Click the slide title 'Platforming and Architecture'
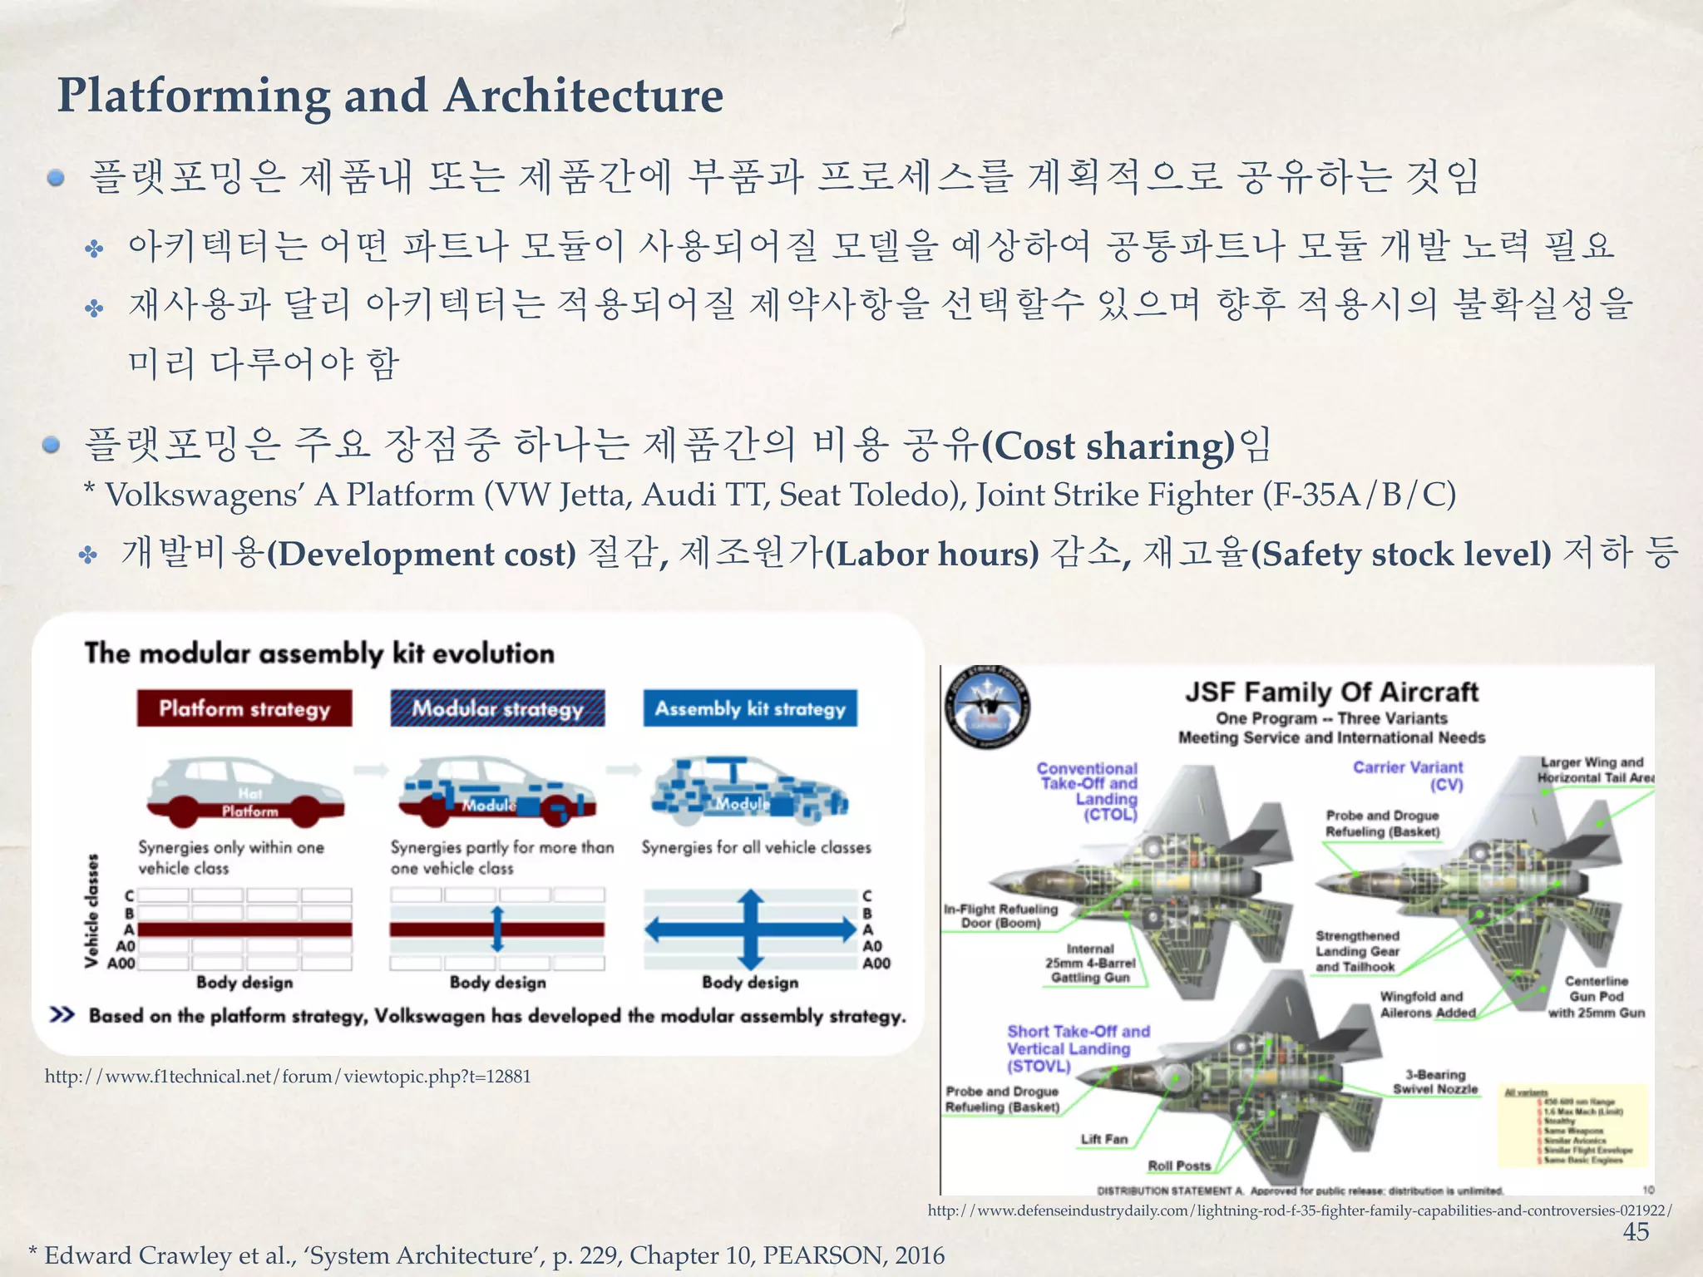coord(390,95)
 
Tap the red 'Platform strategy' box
coord(244,708)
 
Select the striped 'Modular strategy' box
coord(497,708)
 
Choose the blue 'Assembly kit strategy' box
coord(750,708)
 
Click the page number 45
coord(1635,1231)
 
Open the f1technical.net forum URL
coord(288,1077)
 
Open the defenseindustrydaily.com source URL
coord(1300,1210)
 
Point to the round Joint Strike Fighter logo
coord(988,708)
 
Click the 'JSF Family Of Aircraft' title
coord(1331,692)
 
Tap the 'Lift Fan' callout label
coord(1104,1139)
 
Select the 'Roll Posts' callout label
coord(1179,1166)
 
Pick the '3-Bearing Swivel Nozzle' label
coord(1435,1082)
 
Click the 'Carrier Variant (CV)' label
coord(1408,775)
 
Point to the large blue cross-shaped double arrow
coord(751,929)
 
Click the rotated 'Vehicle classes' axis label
coord(92,911)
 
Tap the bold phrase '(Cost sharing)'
coord(1108,446)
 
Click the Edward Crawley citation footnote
coord(486,1255)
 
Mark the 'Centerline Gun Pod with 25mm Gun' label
coord(1596,997)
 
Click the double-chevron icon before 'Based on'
coord(62,1015)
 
